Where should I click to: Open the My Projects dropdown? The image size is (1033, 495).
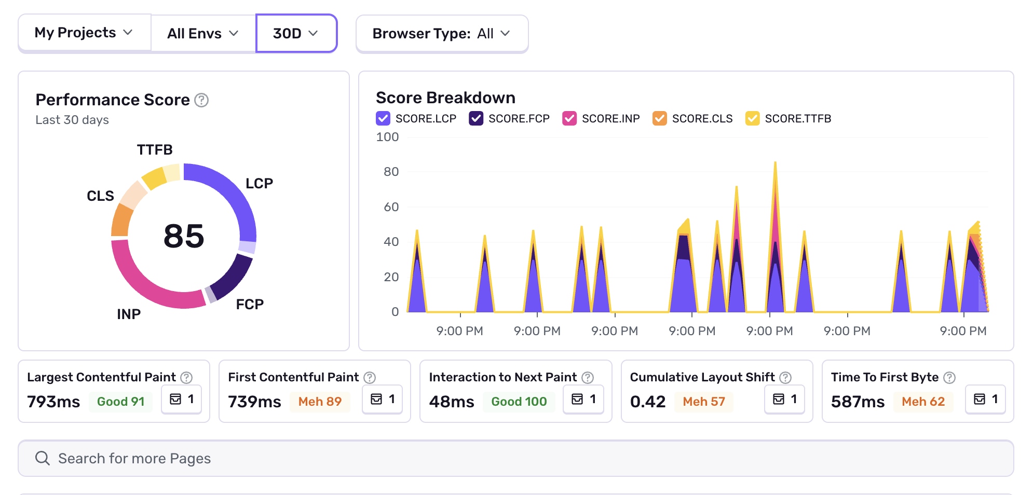(x=84, y=33)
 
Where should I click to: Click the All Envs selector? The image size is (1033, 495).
(x=202, y=34)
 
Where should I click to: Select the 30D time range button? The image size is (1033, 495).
(x=296, y=34)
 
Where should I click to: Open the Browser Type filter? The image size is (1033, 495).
(x=441, y=34)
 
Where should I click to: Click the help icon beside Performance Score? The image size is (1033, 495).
(x=201, y=100)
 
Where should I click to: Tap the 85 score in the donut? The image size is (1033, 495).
(x=184, y=236)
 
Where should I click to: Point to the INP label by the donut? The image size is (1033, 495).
(x=129, y=314)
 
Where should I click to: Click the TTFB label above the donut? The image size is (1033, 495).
(x=155, y=150)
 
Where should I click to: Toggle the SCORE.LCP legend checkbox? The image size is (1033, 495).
(x=383, y=118)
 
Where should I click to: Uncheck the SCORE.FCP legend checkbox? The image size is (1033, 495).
(x=476, y=118)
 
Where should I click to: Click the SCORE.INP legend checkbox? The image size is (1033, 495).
(x=569, y=118)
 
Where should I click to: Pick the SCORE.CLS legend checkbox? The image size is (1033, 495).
(x=660, y=118)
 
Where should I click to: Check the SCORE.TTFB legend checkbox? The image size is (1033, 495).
(x=753, y=118)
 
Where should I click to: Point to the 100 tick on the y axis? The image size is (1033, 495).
(x=387, y=137)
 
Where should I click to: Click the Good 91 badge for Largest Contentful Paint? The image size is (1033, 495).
(x=120, y=402)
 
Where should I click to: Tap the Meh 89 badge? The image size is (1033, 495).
(x=320, y=402)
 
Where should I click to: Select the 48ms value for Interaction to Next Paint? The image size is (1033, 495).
(x=452, y=402)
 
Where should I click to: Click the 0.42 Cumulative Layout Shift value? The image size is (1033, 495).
(x=648, y=402)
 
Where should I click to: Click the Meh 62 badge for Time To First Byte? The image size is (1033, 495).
(x=923, y=402)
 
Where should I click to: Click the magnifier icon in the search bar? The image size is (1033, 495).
(x=43, y=458)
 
